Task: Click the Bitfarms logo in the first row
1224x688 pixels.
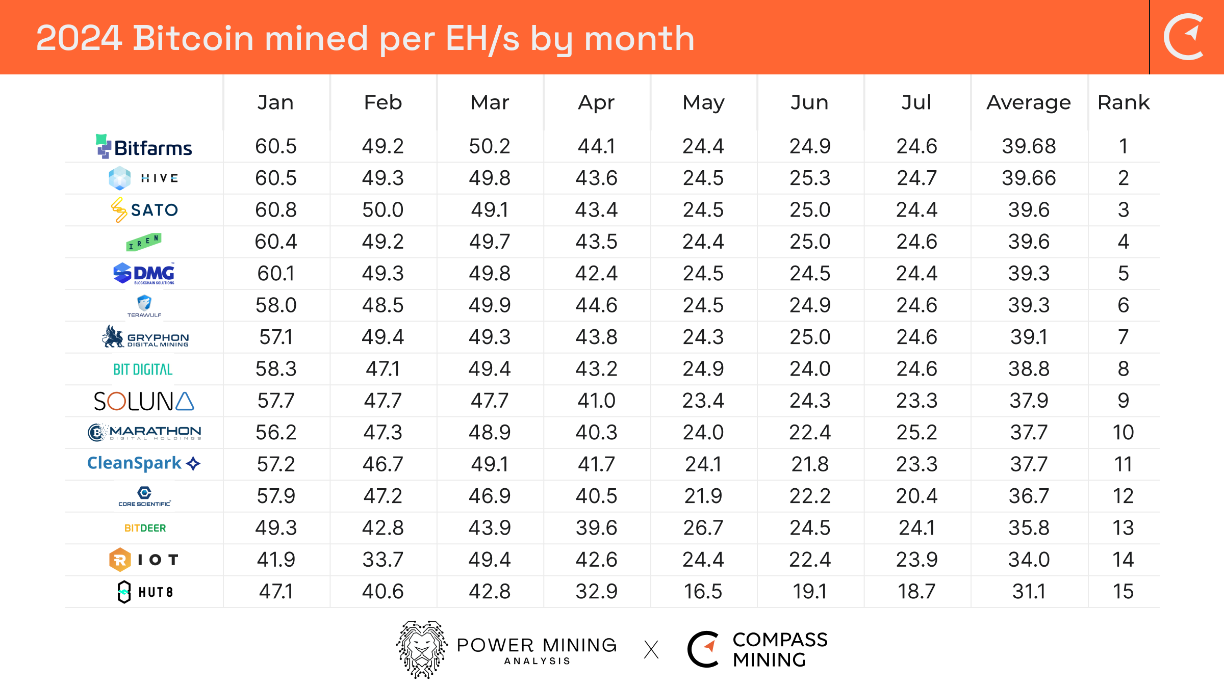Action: (144, 147)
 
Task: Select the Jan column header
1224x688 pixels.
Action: (275, 102)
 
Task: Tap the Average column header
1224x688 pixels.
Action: (1028, 102)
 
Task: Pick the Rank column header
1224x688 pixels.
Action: (1123, 102)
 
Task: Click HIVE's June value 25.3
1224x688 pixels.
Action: (810, 178)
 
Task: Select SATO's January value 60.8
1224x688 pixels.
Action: (275, 210)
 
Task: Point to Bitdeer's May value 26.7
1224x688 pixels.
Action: (703, 527)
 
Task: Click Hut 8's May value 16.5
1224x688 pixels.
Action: (703, 591)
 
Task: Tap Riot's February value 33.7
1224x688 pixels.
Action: (382, 560)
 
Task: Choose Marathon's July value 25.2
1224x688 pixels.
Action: (916, 432)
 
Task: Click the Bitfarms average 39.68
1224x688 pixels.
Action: (1028, 146)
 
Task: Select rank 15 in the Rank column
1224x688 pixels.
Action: (1123, 591)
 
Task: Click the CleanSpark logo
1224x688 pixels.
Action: (144, 463)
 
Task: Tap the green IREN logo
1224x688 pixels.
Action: (144, 242)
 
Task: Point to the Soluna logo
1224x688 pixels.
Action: (144, 401)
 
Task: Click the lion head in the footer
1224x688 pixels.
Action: (422, 649)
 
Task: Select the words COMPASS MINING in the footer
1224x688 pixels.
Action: (779, 649)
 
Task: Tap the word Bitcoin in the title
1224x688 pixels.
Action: (193, 39)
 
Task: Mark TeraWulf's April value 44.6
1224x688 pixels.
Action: (596, 305)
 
